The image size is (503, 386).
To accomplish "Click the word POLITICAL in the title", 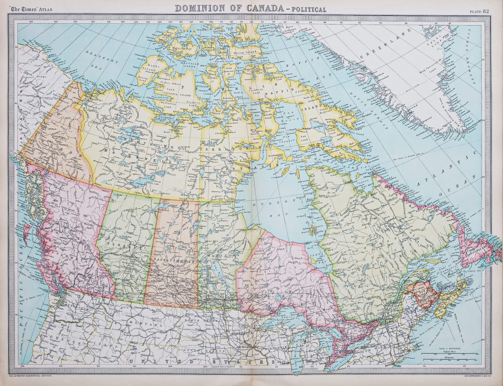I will click(308, 9).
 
